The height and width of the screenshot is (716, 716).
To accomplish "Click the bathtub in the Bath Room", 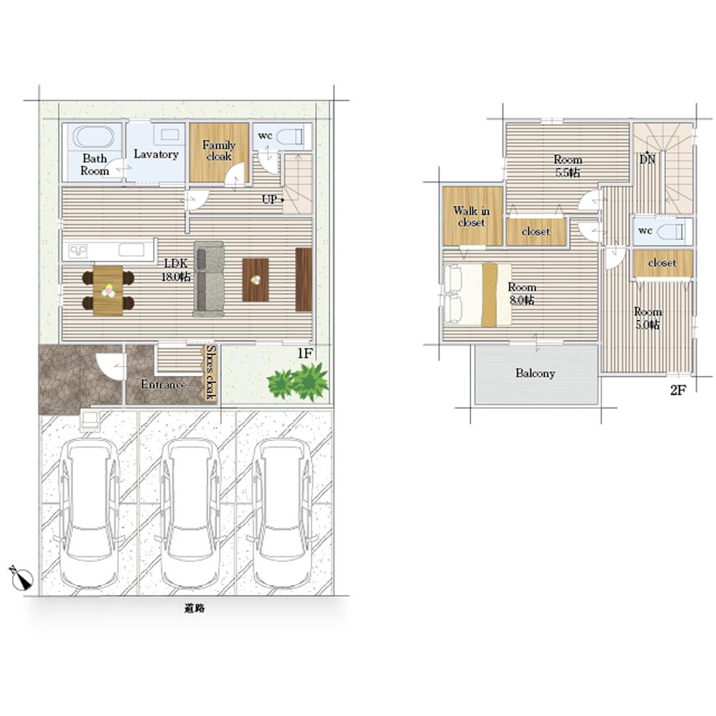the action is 93,137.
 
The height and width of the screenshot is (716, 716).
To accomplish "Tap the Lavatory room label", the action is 155,155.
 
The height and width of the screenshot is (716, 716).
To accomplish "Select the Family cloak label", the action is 218,150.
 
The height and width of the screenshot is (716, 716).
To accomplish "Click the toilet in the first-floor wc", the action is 290,137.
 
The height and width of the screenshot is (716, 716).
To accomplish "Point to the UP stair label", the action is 269,199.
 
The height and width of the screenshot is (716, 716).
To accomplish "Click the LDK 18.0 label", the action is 176,270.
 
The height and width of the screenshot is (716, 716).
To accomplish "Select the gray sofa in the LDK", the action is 208,279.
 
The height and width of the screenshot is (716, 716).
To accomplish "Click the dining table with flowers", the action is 108,291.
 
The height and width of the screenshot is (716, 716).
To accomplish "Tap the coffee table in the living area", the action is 256,280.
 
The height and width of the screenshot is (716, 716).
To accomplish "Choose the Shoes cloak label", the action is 211,372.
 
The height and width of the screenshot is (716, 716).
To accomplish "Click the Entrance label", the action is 163,384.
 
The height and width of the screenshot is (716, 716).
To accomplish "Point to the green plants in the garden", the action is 298,382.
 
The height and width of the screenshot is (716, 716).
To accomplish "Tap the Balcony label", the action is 535,374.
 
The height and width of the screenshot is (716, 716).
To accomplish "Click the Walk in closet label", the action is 471,216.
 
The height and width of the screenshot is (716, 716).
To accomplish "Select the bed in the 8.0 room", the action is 477,295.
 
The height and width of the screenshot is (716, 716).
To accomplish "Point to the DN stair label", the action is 647,158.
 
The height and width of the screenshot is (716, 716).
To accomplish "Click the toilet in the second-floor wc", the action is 671,231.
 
